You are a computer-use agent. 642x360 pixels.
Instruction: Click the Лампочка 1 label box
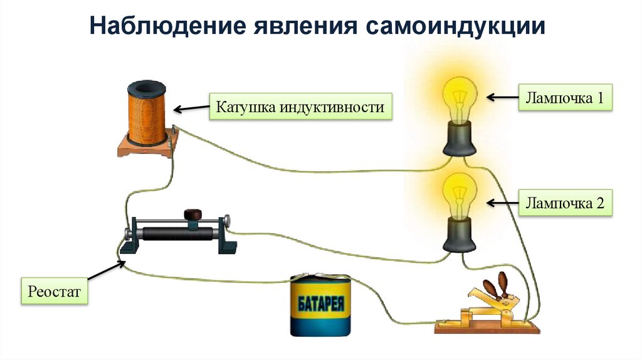(x=564, y=98)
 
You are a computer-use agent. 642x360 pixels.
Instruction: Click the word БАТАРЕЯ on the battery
(x=320, y=307)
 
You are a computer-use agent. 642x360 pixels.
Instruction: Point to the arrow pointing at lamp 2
(x=501, y=203)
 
